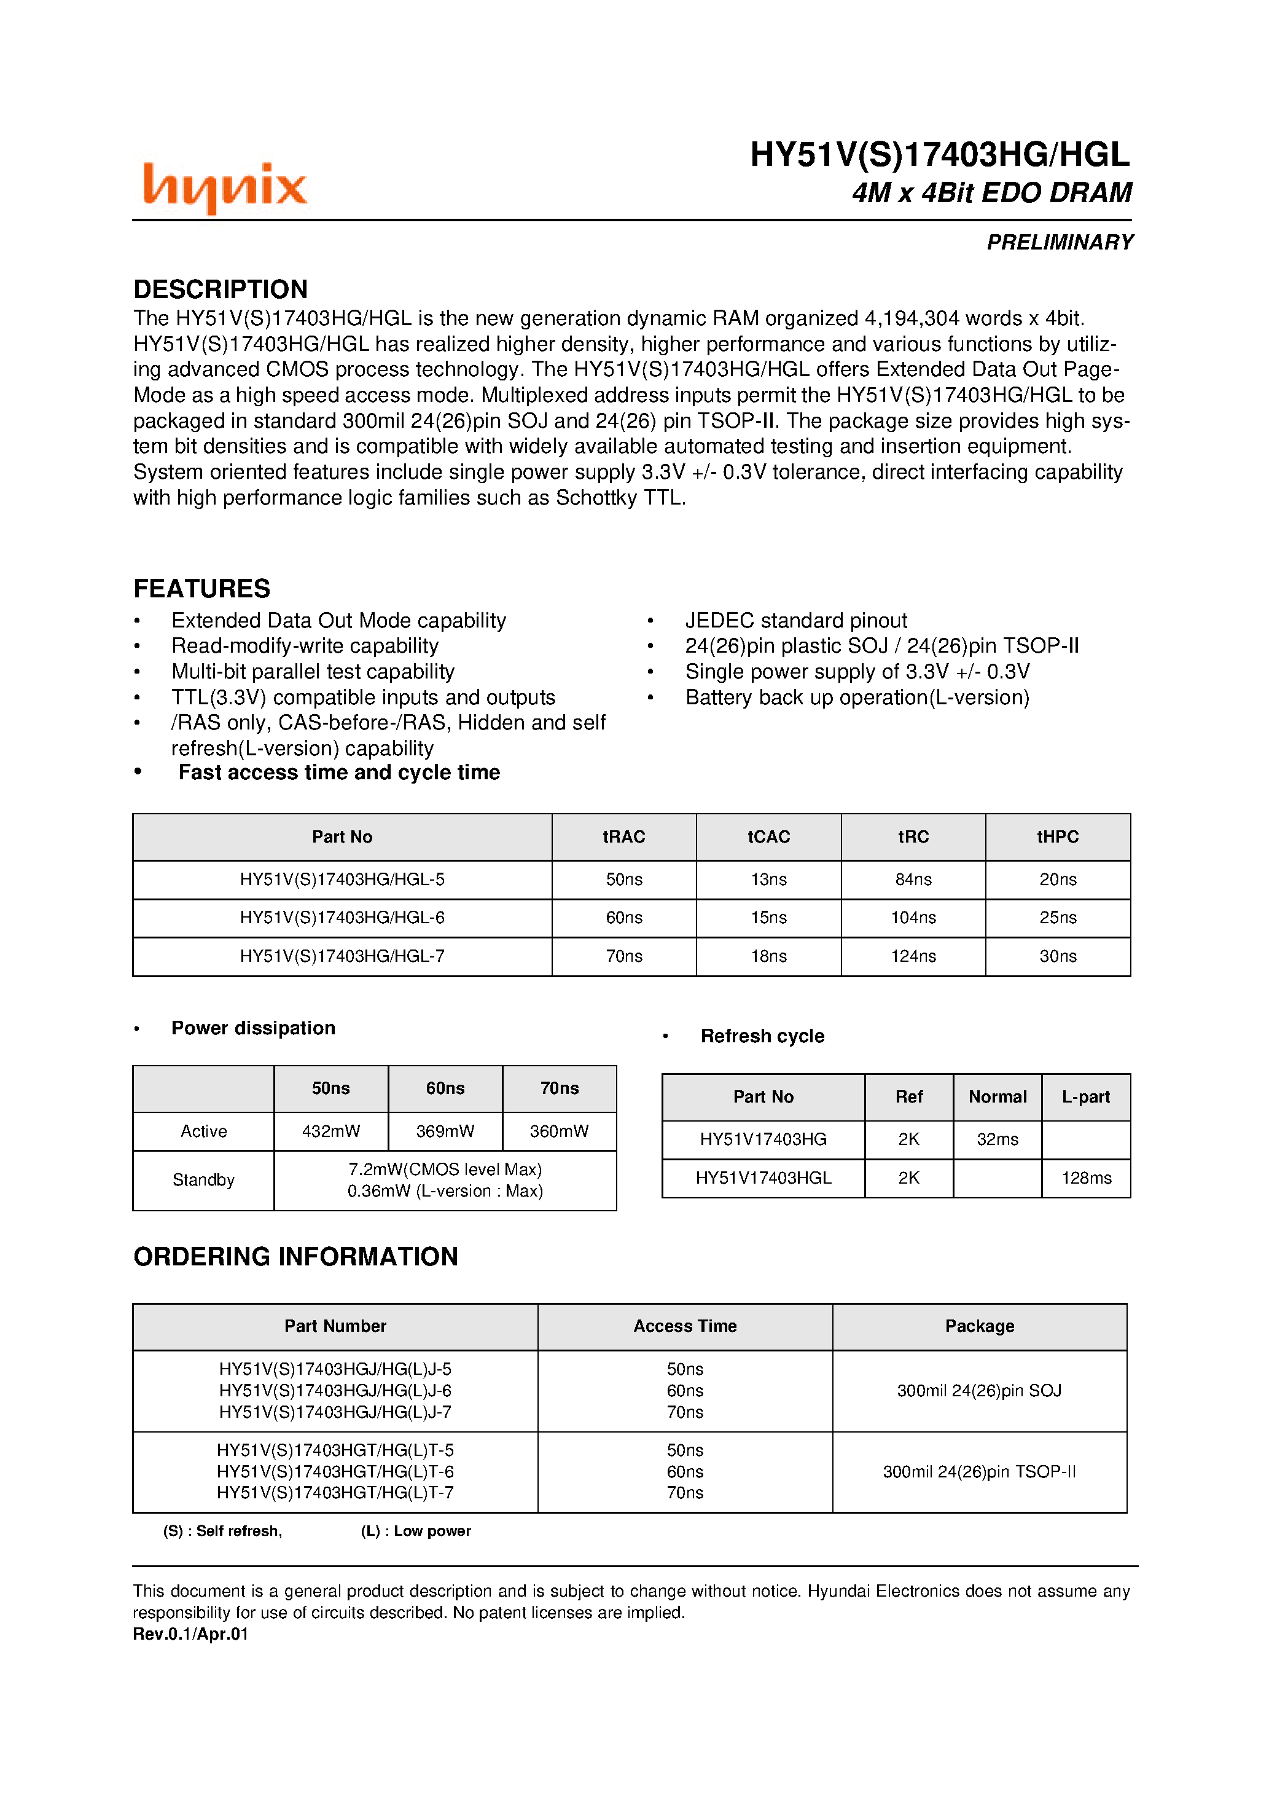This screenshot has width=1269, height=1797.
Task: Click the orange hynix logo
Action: pyautogui.click(x=225, y=187)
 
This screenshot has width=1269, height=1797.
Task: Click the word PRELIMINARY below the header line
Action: pyautogui.click(x=1060, y=243)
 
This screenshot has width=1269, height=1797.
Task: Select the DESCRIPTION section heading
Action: pyautogui.click(x=220, y=289)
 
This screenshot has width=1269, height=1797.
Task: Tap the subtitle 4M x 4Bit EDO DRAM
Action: pyautogui.click(x=991, y=192)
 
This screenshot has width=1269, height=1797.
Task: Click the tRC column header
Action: pyautogui.click(x=913, y=836)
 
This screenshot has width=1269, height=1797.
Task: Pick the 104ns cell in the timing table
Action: pyautogui.click(x=913, y=918)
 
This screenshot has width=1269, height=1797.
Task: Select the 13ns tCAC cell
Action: pyautogui.click(x=768, y=879)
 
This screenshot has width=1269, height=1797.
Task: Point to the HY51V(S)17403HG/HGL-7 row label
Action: pyautogui.click(x=342, y=956)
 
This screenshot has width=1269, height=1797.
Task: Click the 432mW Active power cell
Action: pyautogui.click(x=331, y=1131)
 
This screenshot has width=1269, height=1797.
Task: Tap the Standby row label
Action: pyautogui.click(x=203, y=1179)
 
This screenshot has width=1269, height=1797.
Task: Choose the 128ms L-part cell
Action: pyautogui.click(x=1086, y=1178)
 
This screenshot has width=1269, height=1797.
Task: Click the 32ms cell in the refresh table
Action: pyautogui.click(x=997, y=1139)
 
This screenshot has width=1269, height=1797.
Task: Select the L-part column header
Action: pyautogui.click(x=1086, y=1096)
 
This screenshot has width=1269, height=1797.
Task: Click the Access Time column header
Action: pyautogui.click(x=685, y=1326)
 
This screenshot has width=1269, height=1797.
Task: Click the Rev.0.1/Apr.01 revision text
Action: pyautogui.click(x=190, y=1634)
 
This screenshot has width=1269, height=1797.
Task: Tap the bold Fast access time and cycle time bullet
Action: pyautogui.click(x=339, y=773)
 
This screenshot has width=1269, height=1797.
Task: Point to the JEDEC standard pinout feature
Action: pyautogui.click(x=795, y=621)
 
